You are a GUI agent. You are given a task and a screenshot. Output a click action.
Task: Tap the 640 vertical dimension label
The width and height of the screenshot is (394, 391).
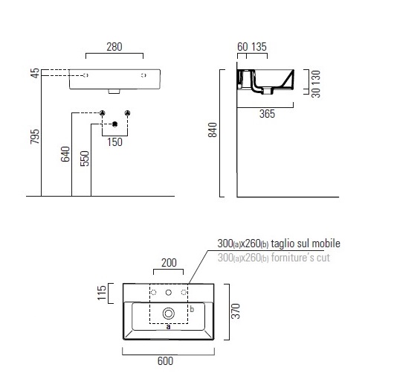tap(66, 155)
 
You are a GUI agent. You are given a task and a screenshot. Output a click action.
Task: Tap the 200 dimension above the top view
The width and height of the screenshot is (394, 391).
tap(169, 263)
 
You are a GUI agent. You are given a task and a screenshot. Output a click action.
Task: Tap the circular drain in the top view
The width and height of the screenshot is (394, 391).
tap(169, 314)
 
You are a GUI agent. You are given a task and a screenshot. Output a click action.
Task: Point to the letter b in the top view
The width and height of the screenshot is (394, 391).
tap(191, 308)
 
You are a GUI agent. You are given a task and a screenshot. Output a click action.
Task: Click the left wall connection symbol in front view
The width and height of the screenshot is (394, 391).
tap(103, 113)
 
